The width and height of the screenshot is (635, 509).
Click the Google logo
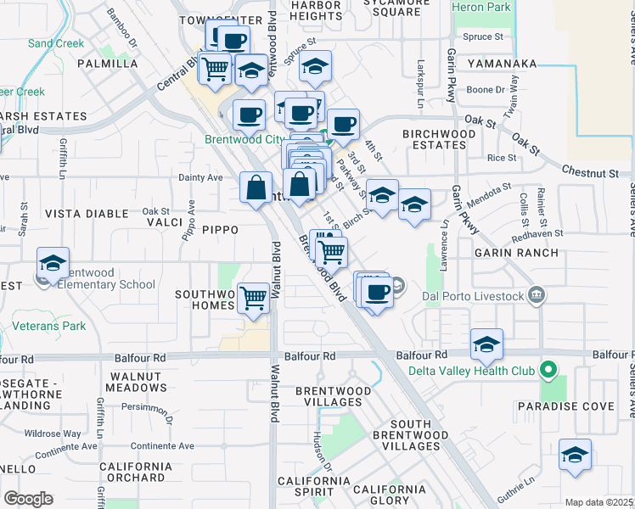(x=28, y=499)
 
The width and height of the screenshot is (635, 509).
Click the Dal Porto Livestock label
(x=470, y=295)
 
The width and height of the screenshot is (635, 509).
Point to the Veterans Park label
(x=49, y=325)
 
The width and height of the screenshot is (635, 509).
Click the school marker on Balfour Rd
(x=486, y=344)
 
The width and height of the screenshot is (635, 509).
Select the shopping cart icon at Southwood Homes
(x=254, y=298)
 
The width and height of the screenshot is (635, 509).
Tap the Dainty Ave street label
(x=200, y=177)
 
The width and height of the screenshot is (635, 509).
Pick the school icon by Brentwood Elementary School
(x=53, y=264)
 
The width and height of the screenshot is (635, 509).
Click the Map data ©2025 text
(x=598, y=502)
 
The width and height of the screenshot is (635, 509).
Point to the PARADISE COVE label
(x=579, y=406)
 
